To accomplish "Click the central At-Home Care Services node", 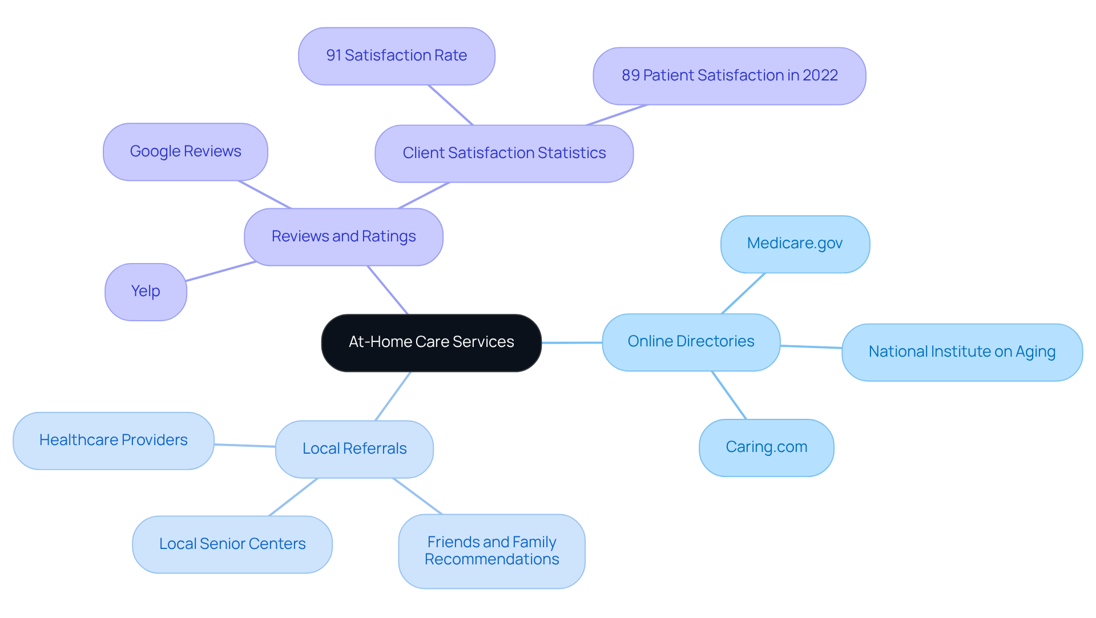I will click(x=431, y=342).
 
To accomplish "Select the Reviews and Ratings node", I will click(x=343, y=237).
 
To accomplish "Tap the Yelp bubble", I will click(x=146, y=292).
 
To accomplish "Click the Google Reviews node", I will click(x=185, y=152).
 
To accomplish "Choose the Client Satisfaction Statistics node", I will click(x=503, y=154).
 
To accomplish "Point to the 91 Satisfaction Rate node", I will click(x=396, y=56).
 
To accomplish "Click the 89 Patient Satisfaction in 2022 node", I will click(x=729, y=76).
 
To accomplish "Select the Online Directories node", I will click(x=691, y=342).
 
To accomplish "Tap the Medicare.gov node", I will click(x=795, y=244).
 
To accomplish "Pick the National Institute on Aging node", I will click(x=961, y=352).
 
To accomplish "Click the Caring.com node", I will click(x=766, y=447).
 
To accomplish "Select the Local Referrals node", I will click(x=354, y=449).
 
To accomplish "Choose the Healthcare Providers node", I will click(x=113, y=441).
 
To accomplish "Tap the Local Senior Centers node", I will click(x=232, y=544).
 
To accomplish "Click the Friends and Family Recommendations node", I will click(x=491, y=551).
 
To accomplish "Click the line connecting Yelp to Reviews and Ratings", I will click(x=220, y=272).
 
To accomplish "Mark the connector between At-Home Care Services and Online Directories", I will click(x=571, y=342).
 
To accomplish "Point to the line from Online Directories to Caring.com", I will click(x=729, y=395).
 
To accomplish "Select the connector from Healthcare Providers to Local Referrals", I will click(x=244, y=445).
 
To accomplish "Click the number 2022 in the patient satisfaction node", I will click(x=820, y=75).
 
